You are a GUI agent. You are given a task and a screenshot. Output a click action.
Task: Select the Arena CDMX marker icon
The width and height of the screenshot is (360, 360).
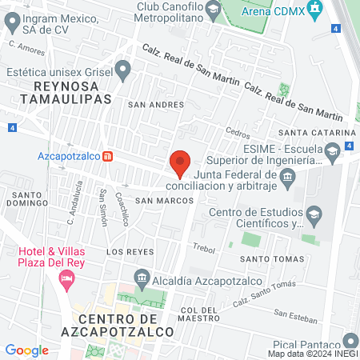[315, 10]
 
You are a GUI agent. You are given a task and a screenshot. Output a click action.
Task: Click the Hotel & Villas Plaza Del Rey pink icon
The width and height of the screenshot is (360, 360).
[66, 279]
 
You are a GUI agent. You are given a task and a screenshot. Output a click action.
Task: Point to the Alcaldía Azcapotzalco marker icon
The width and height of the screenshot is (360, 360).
[142, 278]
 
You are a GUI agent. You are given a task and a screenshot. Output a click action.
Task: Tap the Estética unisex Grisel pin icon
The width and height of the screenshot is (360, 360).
[122, 70]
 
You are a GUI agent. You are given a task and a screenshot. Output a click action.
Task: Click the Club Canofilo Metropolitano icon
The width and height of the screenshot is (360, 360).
[213, 10]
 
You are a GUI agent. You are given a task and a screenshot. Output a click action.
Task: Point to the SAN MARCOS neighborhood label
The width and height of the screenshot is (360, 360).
[163, 201]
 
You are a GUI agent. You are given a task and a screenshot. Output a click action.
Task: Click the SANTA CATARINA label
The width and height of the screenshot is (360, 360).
[316, 133]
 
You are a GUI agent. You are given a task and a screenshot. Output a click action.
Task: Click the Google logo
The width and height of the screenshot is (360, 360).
[26, 350]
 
